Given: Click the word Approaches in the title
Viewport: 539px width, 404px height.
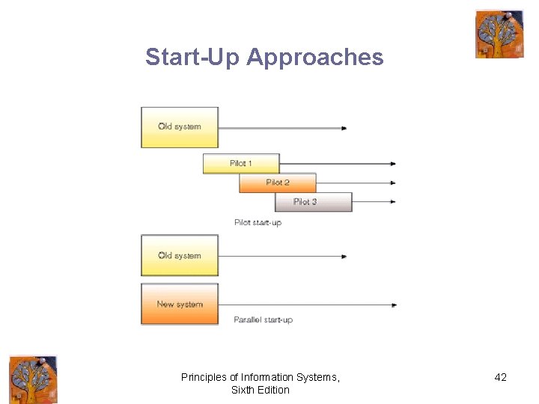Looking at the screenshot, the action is pyautogui.click(x=314, y=57).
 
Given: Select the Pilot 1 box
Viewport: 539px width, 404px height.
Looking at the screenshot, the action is pyautogui.click(x=241, y=163).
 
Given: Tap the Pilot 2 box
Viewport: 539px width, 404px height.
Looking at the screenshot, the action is pyautogui.click(x=278, y=183).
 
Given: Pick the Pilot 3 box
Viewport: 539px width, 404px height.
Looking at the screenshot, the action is pyautogui.click(x=313, y=202).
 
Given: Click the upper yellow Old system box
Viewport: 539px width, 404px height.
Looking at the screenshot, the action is pyautogui.click(x=180, y=127).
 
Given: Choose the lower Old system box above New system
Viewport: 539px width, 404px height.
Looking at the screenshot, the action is pyautogui.click(x=180, y=256).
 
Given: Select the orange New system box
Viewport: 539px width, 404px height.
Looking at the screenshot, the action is pyautogui.click(x=180, y=304).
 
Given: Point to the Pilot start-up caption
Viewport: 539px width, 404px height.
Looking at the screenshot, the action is pyautogui.click(x=258, y=222).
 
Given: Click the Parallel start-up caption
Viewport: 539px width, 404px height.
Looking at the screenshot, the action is pyautogui.click(x=263, y=319).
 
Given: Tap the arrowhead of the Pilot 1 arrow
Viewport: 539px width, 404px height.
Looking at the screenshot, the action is pyautogui.click(x=393, y=164).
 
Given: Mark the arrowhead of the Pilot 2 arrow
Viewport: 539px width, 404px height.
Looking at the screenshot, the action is pyautogui.click(x=393, y=183).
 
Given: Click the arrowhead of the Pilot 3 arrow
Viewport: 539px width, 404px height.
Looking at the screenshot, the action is pyautogui.click(x=393, y=201).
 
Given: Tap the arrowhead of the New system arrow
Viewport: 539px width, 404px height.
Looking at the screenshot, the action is pyautogui.click(x=393, y=304).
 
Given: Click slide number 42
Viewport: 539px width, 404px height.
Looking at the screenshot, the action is pyautogui.click(x=501, y=377).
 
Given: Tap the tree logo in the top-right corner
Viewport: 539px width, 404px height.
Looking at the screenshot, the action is pyautogui.click(x=499, y=34).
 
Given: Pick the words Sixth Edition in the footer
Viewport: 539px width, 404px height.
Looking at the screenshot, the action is pyautogui.click(x=261, y=390).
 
